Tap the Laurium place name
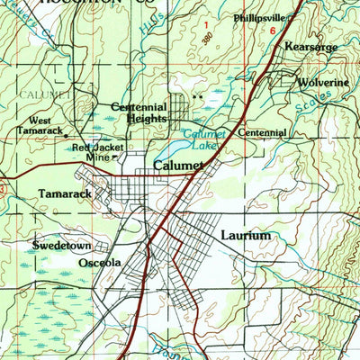(x=245, y=235)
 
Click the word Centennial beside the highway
(x=263, y=132)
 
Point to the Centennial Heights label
(x=139, y=112)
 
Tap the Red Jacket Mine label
(x=97, y=152)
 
